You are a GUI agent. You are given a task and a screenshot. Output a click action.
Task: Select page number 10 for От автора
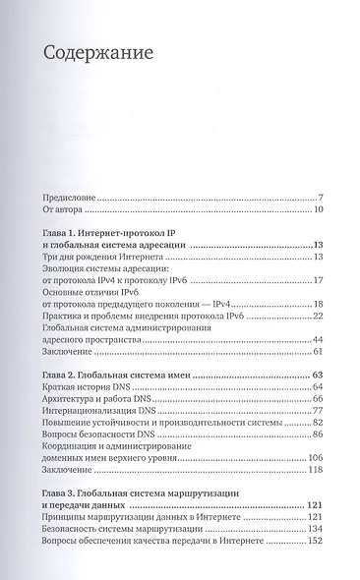coord(318,209)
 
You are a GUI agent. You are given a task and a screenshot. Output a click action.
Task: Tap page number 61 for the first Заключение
coord(318,352)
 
